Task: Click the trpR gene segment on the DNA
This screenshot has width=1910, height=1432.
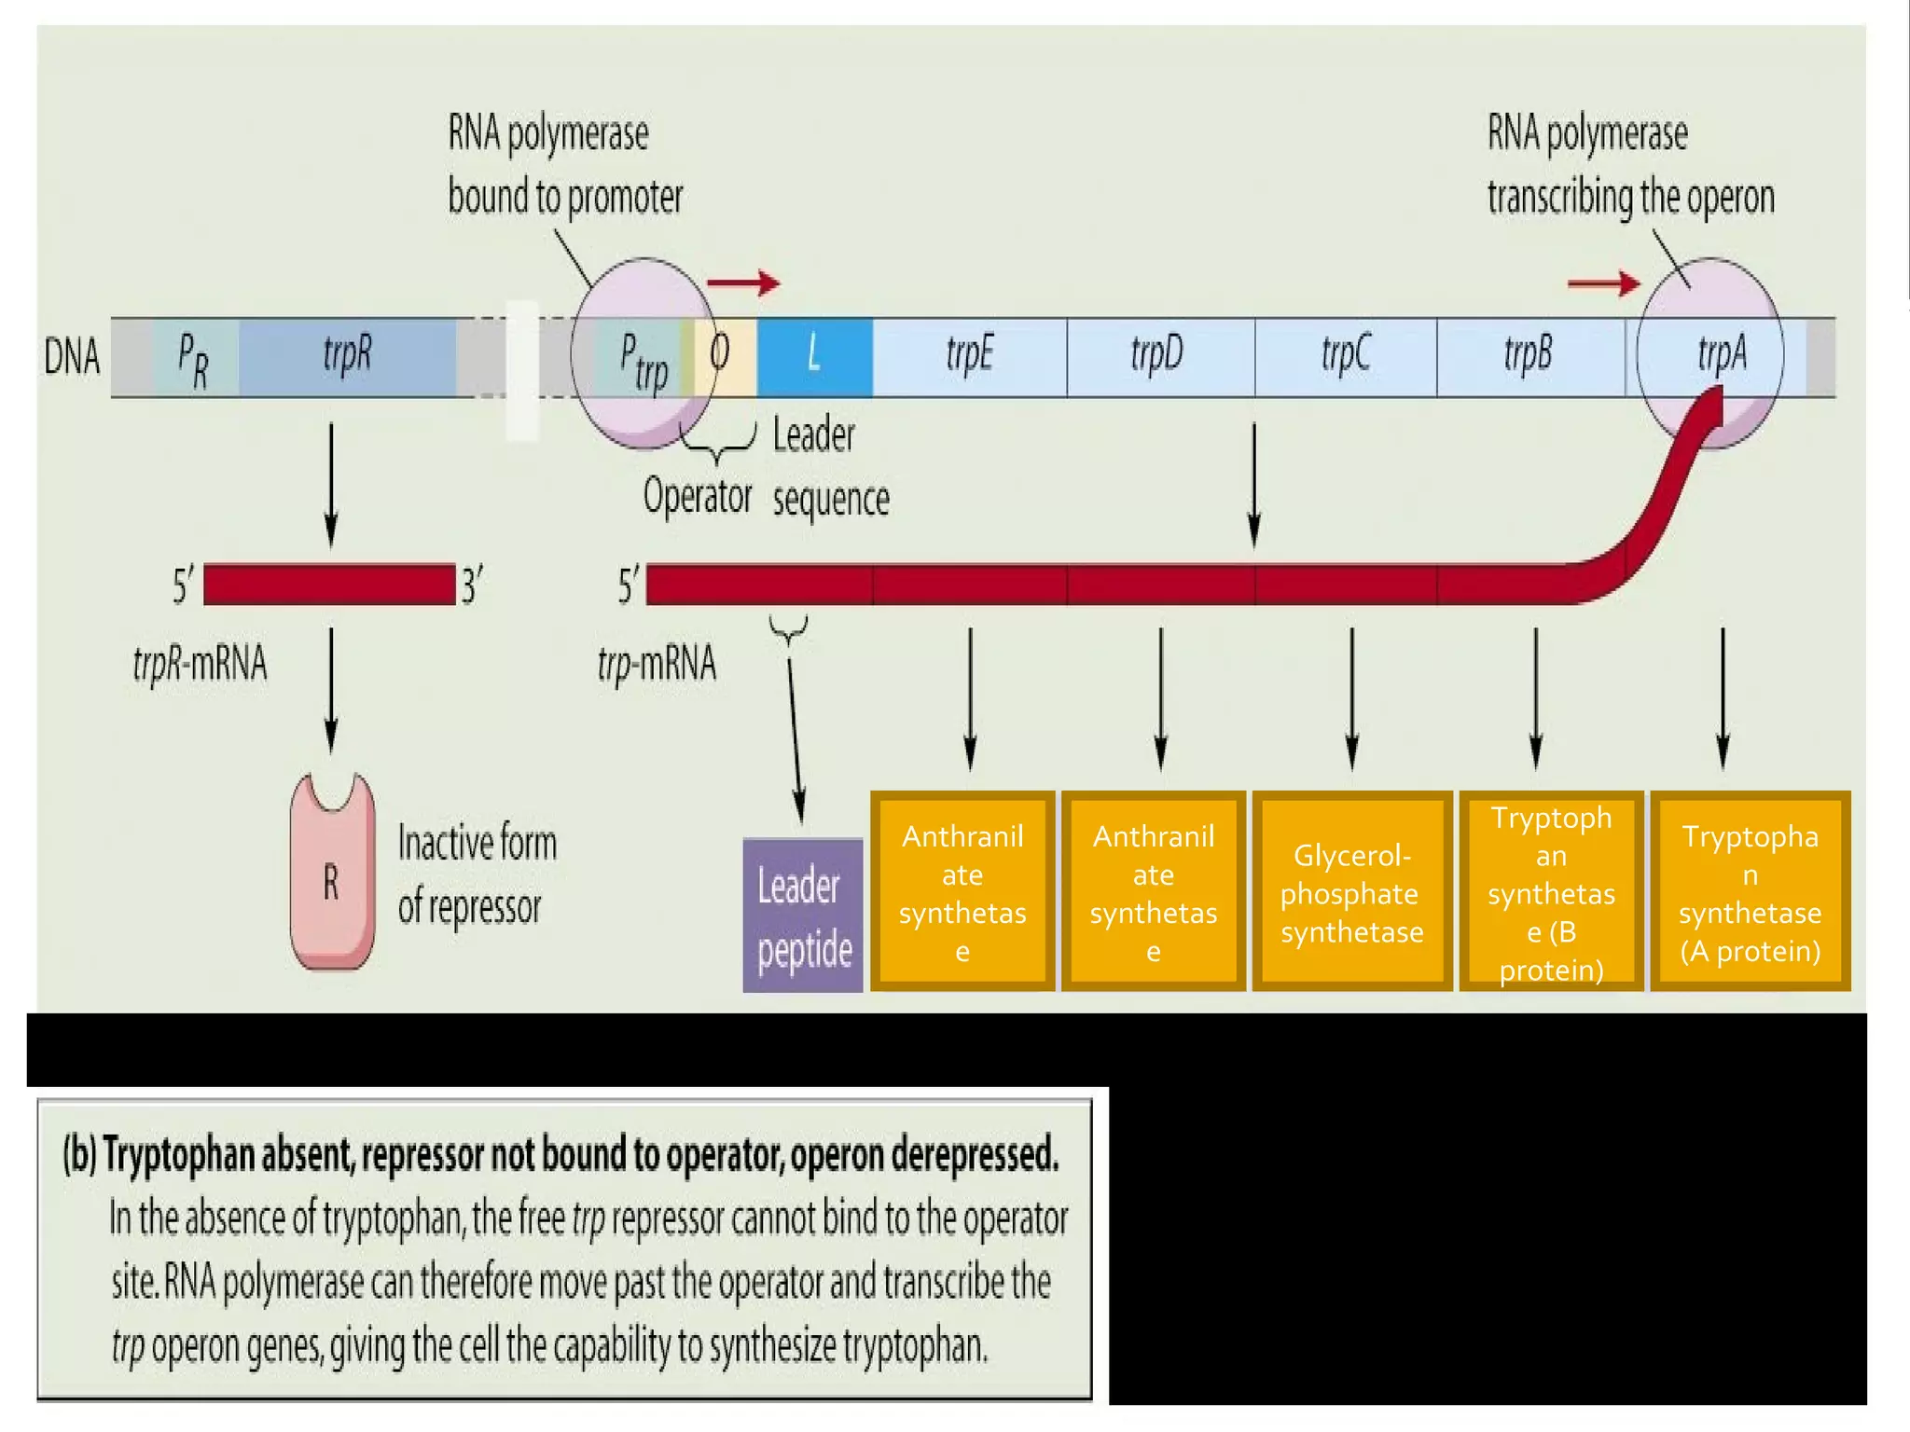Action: tap(347, 357)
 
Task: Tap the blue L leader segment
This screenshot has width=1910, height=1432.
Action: tap(814, 357)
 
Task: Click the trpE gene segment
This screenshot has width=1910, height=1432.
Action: tap(970, 357)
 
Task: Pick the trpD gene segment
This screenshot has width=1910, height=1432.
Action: tap(1159, 357)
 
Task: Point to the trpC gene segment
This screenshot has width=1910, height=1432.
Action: tap(1345, 357)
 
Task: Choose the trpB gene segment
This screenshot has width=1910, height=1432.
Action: tap(1529, 357)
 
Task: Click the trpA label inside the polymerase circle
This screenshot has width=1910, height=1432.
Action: tap(1722, 355)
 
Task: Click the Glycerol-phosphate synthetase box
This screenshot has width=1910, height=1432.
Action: tap(1351, 892)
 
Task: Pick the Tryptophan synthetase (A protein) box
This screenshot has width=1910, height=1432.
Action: tap(1750, 892)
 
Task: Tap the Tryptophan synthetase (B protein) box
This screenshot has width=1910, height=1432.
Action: tap(1551, 892)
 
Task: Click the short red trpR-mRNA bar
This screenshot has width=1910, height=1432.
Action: tap(329, 585)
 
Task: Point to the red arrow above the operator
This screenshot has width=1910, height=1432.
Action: tap(743, 282)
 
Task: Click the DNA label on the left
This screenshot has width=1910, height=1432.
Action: tap(72, 357)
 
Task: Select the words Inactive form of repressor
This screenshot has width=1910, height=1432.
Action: tap(476, 874)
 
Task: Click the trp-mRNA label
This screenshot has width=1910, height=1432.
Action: tap(657, 665)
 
